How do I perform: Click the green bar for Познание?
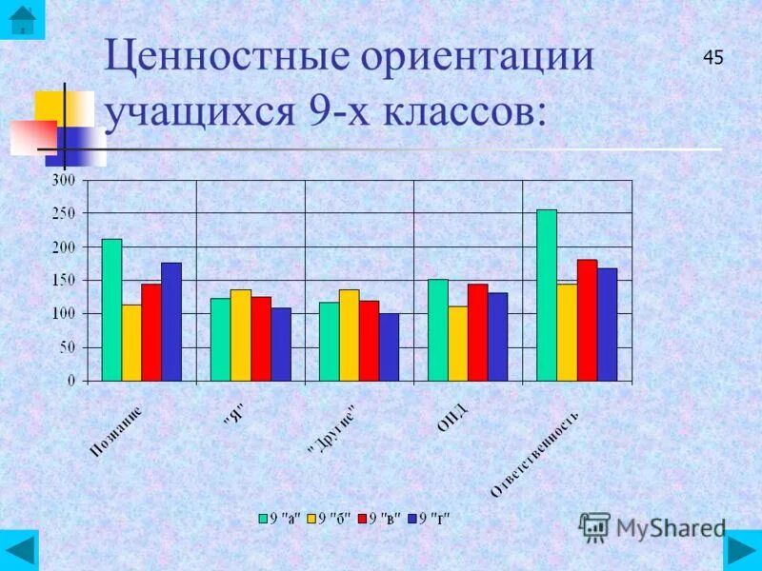click(111, 309)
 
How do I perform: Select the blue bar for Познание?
click(171, 322)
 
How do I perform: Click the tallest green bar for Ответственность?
click(547, 295)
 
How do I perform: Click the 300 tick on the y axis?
click(63, 181)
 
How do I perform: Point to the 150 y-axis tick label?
click(63, 281)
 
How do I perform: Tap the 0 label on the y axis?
click(70, 381)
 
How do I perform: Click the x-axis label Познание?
click(118, 430)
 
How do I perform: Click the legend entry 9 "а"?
click(280, 519)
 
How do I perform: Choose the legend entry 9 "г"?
click(429, 519)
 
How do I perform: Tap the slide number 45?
click(713, 58)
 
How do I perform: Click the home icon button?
click(22, 19)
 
